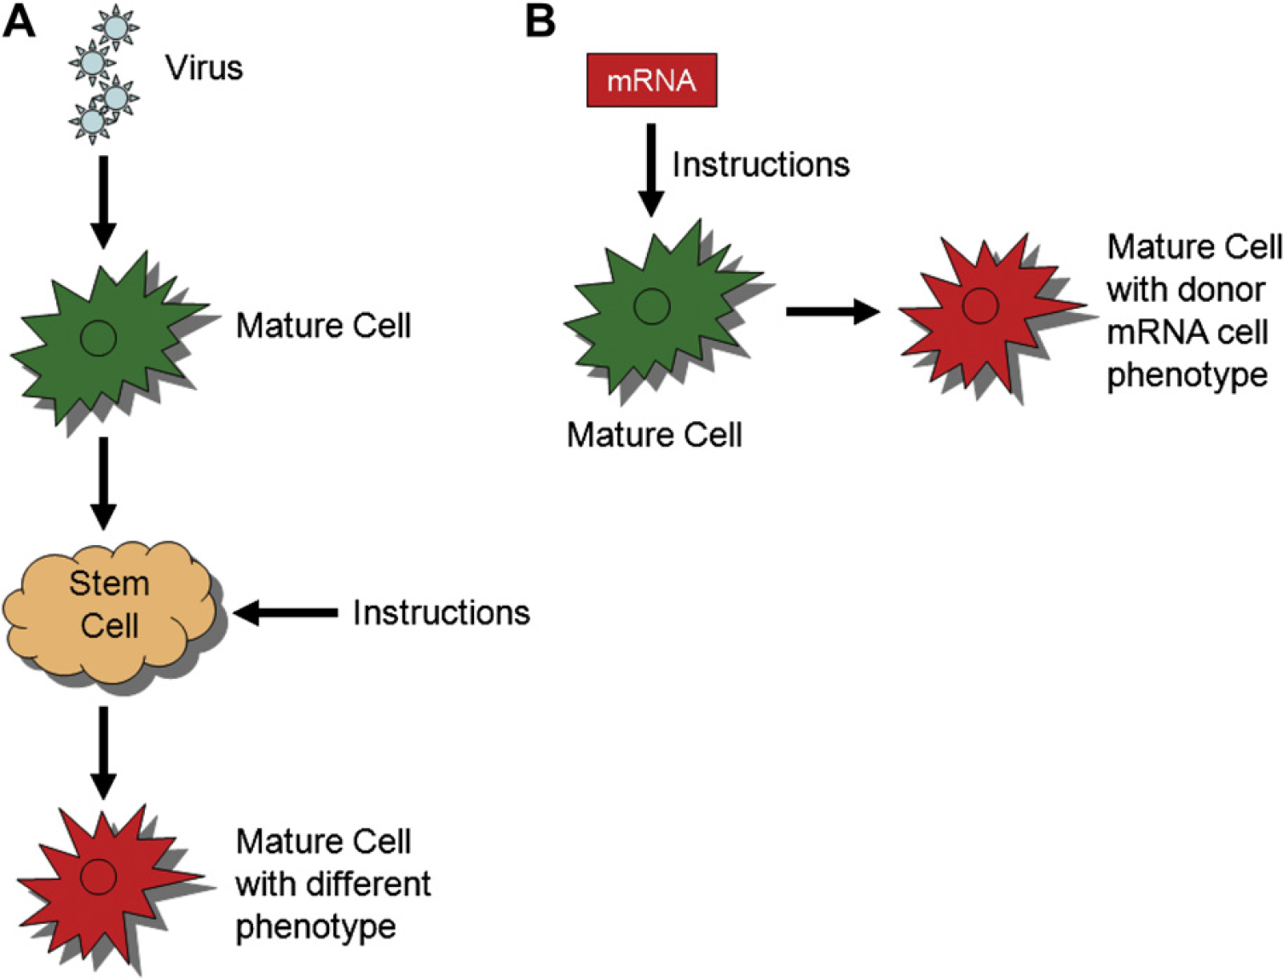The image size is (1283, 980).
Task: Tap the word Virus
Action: (204, 68)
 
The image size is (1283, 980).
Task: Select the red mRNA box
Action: (651, 80)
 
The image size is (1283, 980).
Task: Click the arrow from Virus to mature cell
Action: (103, 202)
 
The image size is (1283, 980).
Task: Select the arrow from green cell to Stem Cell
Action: (103, 483)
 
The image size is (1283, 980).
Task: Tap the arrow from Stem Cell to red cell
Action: (103, 752)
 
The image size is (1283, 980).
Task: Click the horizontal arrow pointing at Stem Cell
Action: (286, 612)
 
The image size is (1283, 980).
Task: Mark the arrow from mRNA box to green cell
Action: (650, 170)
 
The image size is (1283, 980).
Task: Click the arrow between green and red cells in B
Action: (833, 311)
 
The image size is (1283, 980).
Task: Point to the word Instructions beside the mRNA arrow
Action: (761, 165)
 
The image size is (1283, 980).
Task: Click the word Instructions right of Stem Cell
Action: (442, 612)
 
